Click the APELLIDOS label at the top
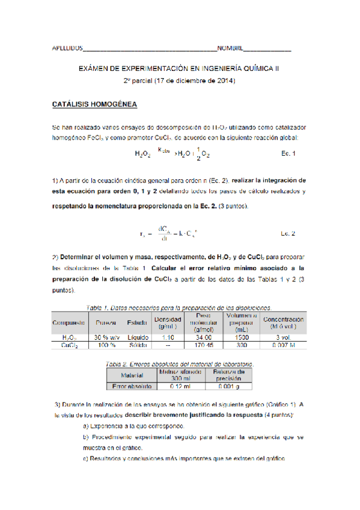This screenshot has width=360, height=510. click(x=66, y=48)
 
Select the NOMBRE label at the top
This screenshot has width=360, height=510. click(x=230, y=48)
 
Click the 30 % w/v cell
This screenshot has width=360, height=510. click(x=106, y=338)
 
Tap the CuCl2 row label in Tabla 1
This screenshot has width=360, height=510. click(x=69, y=346)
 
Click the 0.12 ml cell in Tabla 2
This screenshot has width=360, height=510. click(x=175, y=386)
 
